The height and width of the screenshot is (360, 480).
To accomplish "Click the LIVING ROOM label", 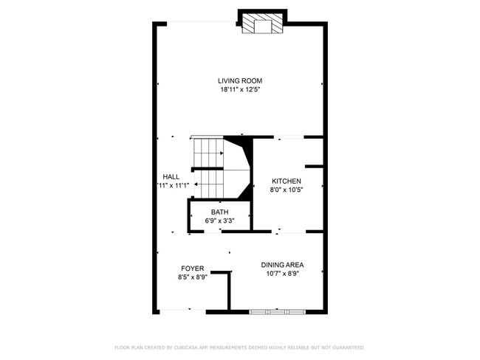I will pos(240,81).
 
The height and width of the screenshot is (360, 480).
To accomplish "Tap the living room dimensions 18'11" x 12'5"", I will pos(240,90).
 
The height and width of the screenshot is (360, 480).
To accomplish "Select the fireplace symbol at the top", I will pos(262,24).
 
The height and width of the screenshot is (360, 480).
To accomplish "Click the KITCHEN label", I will pos(287,181).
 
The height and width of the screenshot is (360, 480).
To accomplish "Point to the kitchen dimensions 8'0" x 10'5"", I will pos(287,190).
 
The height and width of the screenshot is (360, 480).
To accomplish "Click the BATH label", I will pos(219,212).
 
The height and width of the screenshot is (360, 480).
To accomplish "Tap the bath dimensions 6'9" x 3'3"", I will pos(219,221).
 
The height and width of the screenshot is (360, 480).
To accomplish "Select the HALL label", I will pos(171,177).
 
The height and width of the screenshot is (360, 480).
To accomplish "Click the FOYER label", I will pos(193,269).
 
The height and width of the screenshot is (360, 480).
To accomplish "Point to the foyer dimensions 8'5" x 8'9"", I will pos(193,277).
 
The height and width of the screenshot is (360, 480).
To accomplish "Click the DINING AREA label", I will pos(282,265).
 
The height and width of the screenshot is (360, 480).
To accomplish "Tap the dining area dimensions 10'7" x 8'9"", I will pos(282,274).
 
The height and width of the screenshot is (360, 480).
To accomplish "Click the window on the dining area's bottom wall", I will pos(277,311).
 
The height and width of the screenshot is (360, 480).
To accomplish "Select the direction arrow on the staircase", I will pos(210,154).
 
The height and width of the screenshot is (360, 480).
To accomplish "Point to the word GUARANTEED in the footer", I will pos(343,347).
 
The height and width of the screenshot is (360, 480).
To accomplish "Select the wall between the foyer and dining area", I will pos(229,289).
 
